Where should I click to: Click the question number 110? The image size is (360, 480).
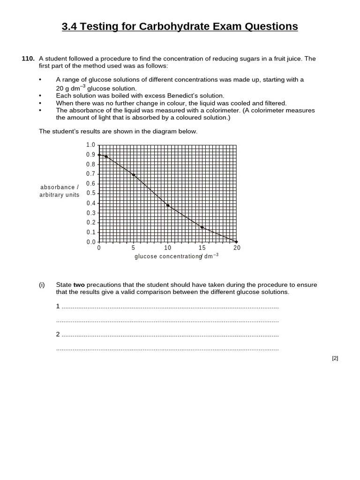[x=28, y=59]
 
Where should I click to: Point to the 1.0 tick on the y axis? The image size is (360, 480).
[x=90, y=145]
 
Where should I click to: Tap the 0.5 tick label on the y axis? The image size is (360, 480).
[x=90, y=193]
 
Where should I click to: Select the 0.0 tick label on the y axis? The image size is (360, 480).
[x=90, y=242]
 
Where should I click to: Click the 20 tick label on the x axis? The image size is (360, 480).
[x=237, y=248]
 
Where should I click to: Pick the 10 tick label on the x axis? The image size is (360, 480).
[x=167, y=248]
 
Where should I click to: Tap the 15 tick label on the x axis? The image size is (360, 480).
[x=202, y=248]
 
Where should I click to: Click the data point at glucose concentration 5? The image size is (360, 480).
[x=134, y=175]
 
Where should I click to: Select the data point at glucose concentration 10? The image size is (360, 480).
[x=168, y=205]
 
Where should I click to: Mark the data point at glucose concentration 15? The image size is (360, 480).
[x=202, y=227]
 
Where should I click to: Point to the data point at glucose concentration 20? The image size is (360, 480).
[x=236, y=242]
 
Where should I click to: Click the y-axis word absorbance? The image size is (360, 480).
[x=58, y=187]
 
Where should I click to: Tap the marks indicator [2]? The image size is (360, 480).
[x=335, y=358]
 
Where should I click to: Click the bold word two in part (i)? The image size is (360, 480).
[x=79, y=285]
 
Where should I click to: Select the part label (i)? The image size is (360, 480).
[x=42, y=285]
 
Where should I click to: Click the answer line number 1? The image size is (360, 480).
[x=58, y=306]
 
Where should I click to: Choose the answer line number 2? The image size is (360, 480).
[x=58, y=334]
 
